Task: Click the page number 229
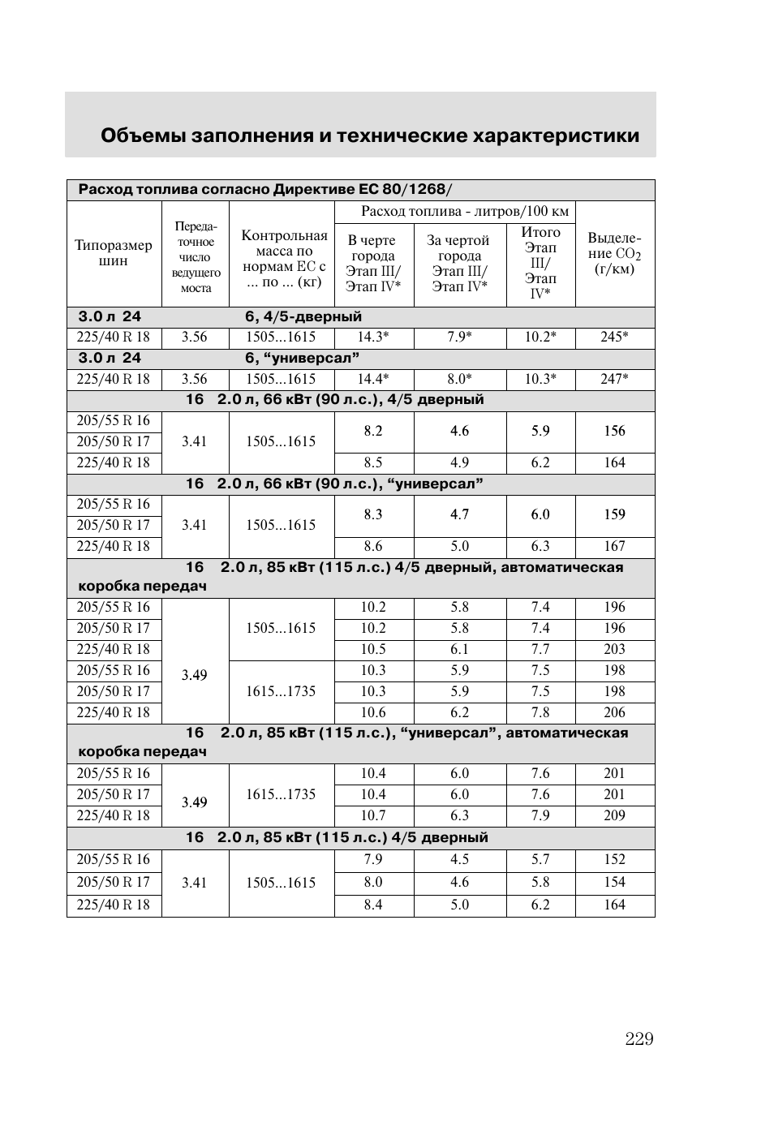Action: pyautogui.click(x=639, y=1039)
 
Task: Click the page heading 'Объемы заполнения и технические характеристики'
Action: pyautogui.click(x=370, y=135)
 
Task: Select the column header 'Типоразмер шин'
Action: pyautogui.click(x=114, y=253)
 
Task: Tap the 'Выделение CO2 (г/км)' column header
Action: pyautogui.click(x=614, y=253)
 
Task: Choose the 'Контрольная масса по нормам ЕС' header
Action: pyautogui.click(x=284, y=259)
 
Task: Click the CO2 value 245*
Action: pyautogui.click(x=614, y=337)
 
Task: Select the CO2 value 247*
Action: pyautogui.click(x=614, y=379)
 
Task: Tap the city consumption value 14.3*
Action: pyautogui.click(x=373, y=337)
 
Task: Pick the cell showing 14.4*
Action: pyautogui.click(x=373, y=379)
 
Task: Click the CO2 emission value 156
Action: pyautogui.click(x=614, y=431)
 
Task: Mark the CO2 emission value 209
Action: pyautogui.click(x=614, y=815)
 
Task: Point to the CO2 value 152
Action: pyautogui.click(x=614, y=859)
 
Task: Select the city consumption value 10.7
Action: pyautogui.click(x=373, y=815)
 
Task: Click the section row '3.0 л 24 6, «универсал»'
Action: pyautogui.click(x=219, y=358)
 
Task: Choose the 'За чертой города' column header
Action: pyautogui.click(x=459, y=263)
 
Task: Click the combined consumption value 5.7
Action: pyautogui.click(x=540, y=859)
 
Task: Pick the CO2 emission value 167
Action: pyautogui.click(x=614, y=546)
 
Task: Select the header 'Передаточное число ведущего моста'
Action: pyautogui.click(x=196, y=257)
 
